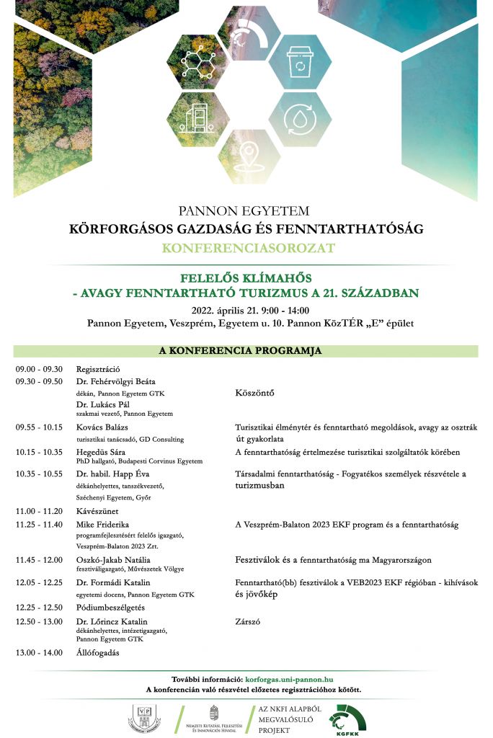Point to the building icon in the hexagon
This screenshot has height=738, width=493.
pyautogui.click(x=197, y=118)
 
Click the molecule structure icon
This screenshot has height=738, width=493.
pyautogui.click(x=196, y=62)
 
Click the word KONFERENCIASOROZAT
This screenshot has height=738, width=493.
pyautogui.click(x=246, y=249)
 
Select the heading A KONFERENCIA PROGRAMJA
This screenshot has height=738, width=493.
pyautogui.click(x=246, y=351)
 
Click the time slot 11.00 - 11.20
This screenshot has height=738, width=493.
pyautogui.click(x=39, y=510)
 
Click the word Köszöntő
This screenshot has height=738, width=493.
pyautogui.click(x=255, y=394)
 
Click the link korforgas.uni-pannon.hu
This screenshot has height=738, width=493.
pyautogui.click(x=289, y=679)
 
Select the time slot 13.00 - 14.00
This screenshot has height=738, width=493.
pyautogui.click(x=39, y=653)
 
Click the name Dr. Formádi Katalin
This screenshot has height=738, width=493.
pyautogui.click(x=113, y=582)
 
